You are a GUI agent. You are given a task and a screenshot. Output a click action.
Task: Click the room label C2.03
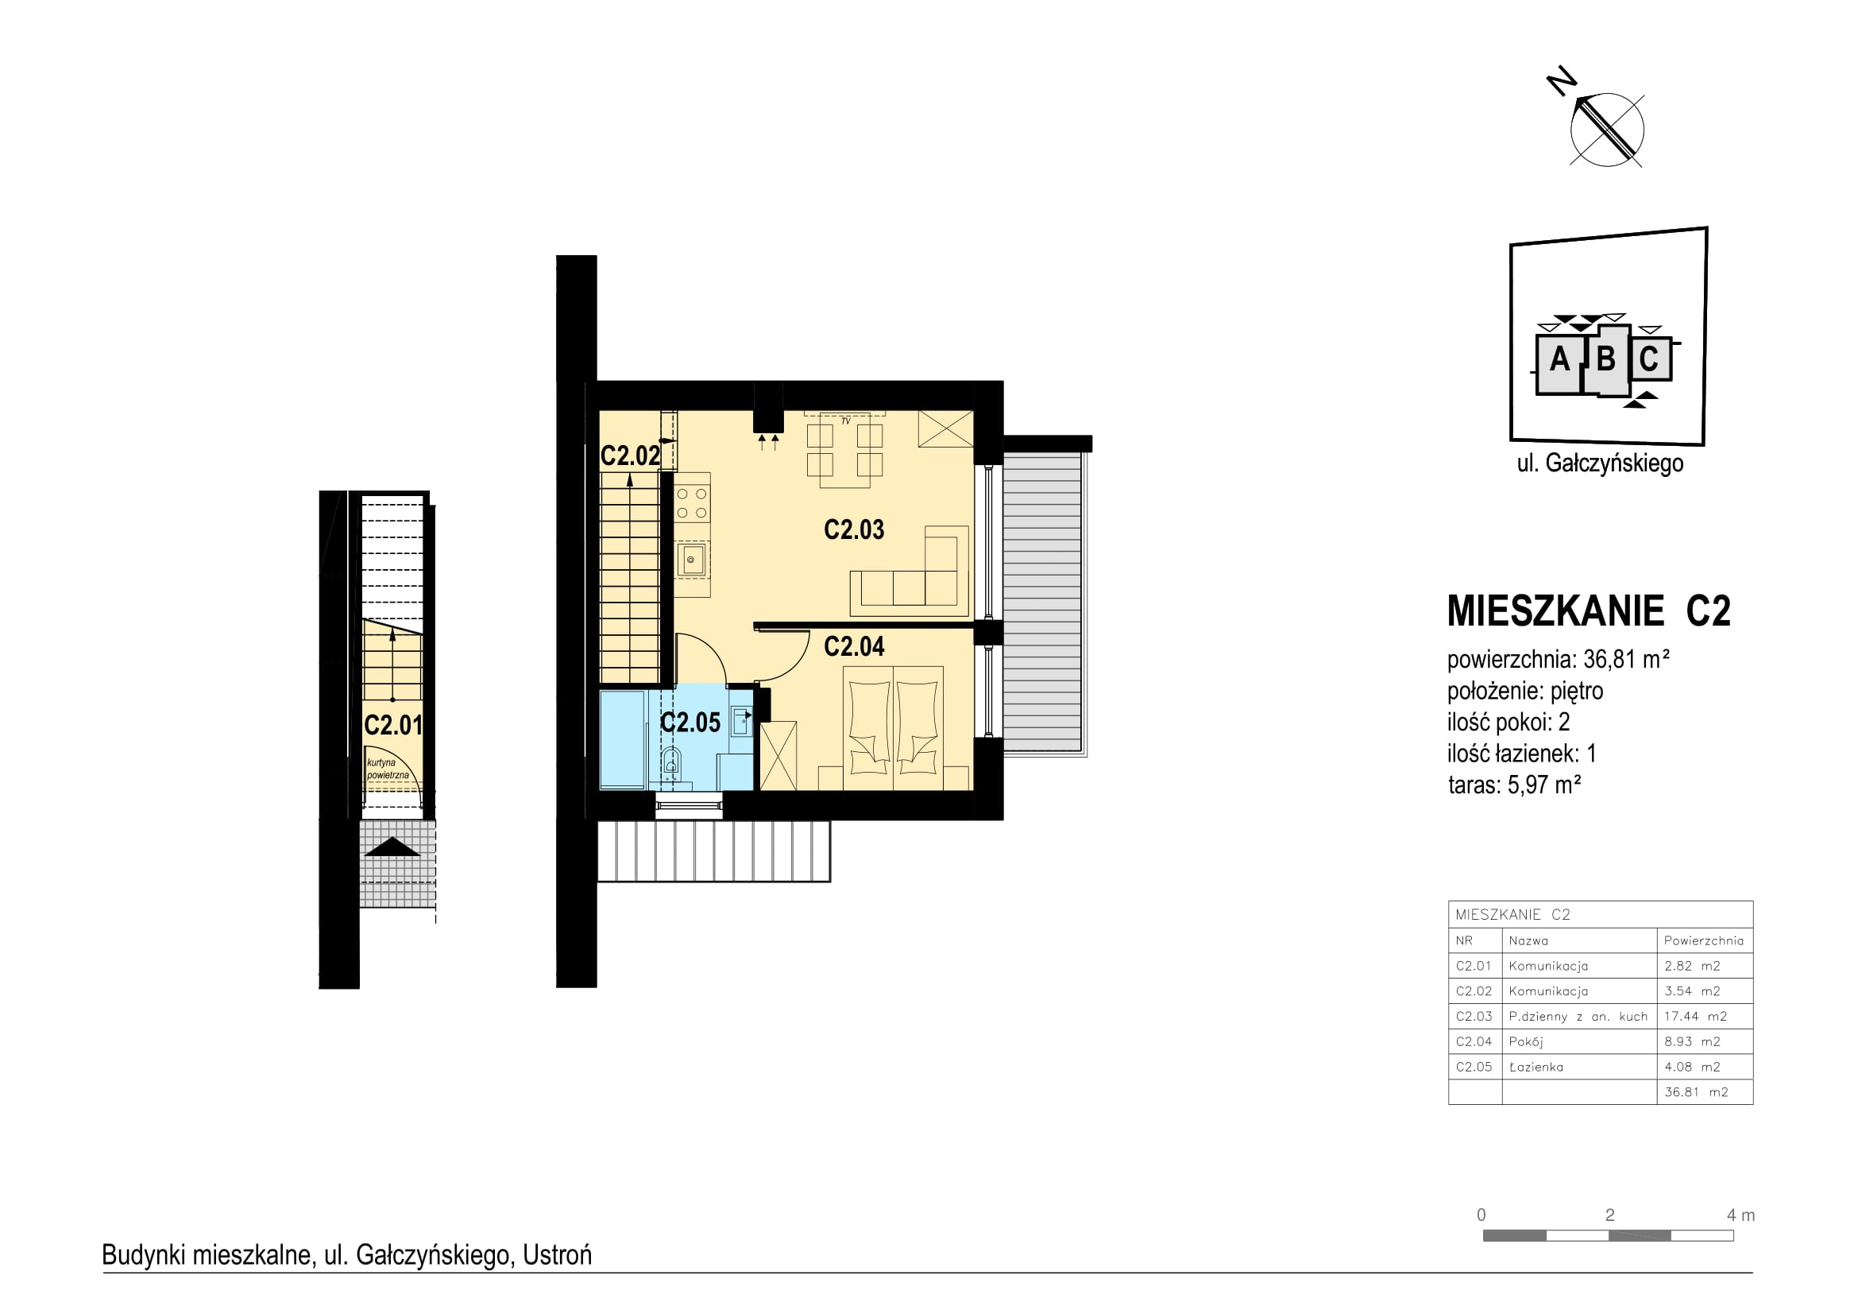point(854,529)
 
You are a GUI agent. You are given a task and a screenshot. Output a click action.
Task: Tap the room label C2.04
point(854,646)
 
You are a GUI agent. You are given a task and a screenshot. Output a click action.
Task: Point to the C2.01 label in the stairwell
point(393,725)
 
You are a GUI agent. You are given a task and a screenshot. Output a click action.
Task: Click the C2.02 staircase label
point(631,455)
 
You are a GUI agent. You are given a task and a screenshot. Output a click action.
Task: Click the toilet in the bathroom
point(671,762)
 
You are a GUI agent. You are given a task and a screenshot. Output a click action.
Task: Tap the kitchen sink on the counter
point(692,559)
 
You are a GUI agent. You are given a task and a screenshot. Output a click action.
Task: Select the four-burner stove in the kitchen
point(693,502)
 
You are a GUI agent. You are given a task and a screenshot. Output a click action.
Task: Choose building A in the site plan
point(1559,359)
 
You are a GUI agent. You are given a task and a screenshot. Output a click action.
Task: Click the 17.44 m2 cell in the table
point(1695,1016)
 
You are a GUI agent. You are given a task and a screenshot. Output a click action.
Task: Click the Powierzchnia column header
point(1703,940)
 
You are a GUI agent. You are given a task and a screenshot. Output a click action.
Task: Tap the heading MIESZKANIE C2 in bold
point(1589,611)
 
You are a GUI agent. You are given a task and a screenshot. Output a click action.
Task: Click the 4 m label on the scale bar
point(1740,1215)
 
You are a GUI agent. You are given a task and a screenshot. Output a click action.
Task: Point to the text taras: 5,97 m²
point(1514,785)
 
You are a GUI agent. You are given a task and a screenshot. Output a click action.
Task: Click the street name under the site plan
point(1600,463)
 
